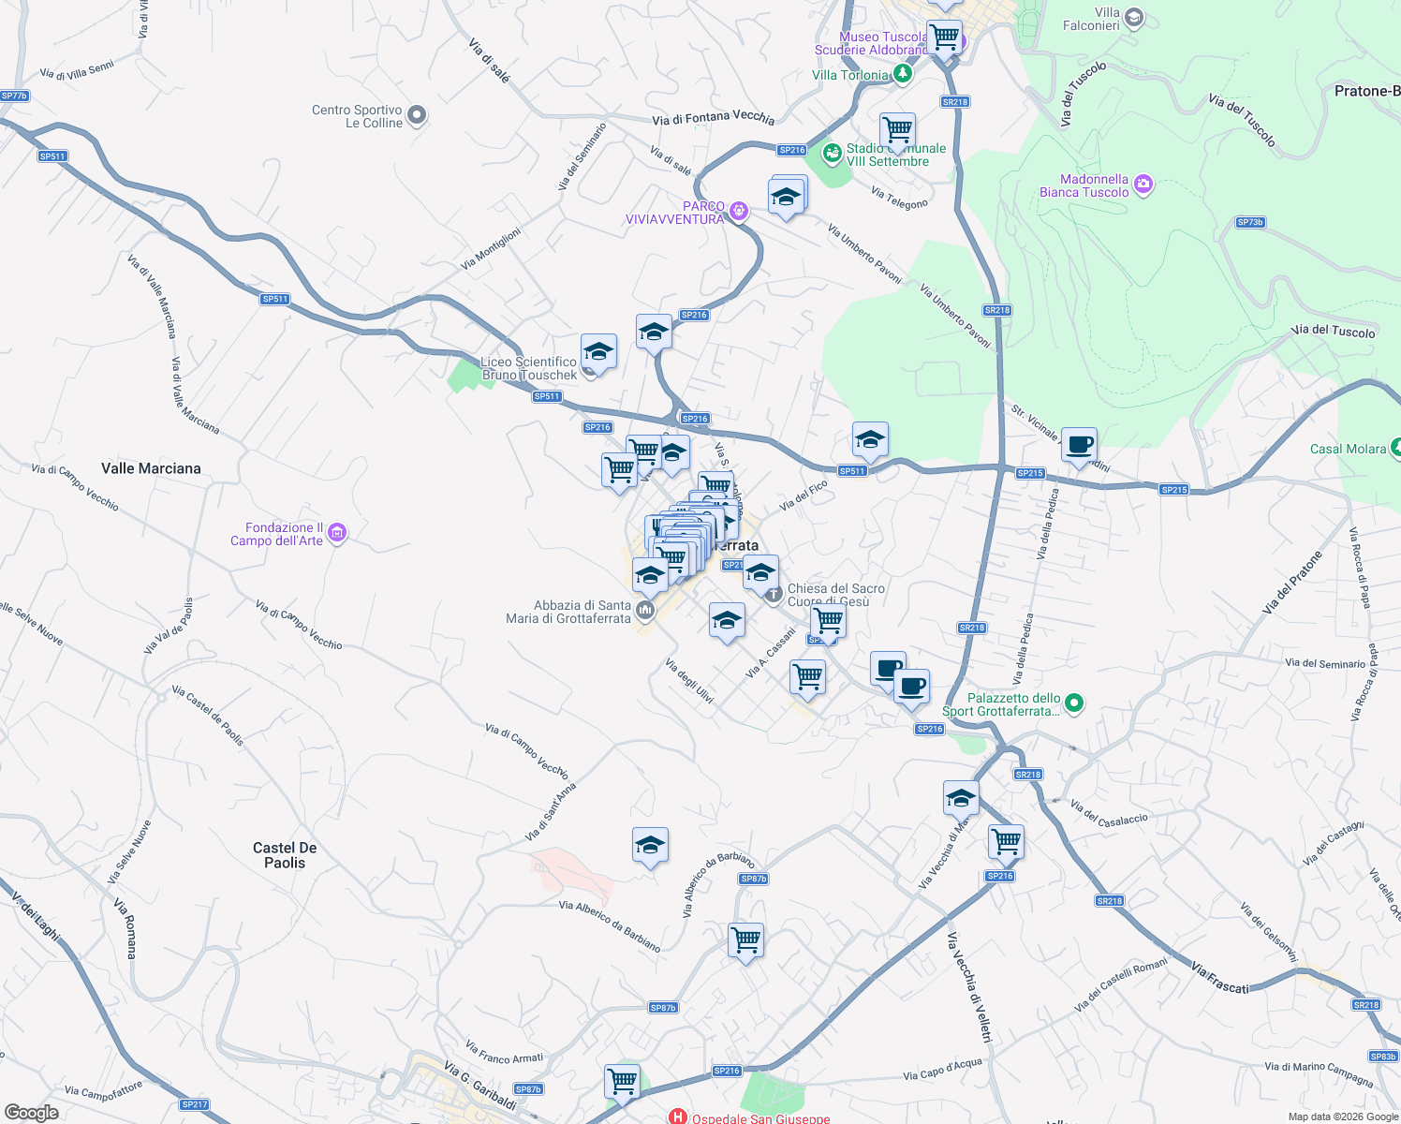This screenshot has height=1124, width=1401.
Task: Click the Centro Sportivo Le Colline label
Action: pyautogui.click(x=357, y=116)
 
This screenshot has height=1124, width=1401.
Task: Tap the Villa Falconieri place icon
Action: pyautogui.click(x=1134, y=17)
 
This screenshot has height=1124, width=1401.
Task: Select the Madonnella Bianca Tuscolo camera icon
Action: pyautogui.click(x=1143, y=185)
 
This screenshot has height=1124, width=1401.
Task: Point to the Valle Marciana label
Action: pyautogui.click(x=151, y=468)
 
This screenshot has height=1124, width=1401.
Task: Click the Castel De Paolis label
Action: pyautogui.click(x=285, y=855)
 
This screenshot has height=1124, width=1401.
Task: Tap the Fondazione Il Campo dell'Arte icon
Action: pyautogui.click(x=337, y=533)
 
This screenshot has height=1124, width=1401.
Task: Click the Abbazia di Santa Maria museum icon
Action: pyautogui.click(x=644, y=612)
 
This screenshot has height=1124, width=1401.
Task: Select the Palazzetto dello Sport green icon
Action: pyautogui.click(x=1074, y=702)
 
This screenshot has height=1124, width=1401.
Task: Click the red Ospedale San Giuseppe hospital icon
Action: pyautogui.click(x=677, y=1117)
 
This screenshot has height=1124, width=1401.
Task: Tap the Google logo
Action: pyautogui.click(x=31, y=1112)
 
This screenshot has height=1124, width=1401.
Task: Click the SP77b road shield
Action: pyautogui.click(x=14, y=96)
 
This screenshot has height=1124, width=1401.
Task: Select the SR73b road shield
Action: pyautogui.click(x=1250, y=222)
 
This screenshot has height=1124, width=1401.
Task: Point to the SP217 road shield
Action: pyautogui.click(x=195, y=1104)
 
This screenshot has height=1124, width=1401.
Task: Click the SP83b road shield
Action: pyautogui.click(x=1383, y=1057)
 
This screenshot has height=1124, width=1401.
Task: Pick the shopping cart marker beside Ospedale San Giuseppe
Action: pyautogui.click(x=622, y=1081)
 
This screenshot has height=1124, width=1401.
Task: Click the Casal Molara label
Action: pyautogui.click(x=1348, y=449)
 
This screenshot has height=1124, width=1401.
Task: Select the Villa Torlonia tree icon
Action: pyautogui.click(x=902, y=73)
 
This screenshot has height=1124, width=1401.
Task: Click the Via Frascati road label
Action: pyautogui.click(x=1219, y=977)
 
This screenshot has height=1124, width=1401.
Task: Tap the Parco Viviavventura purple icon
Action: pyautogui.click(x=739, y=211)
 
